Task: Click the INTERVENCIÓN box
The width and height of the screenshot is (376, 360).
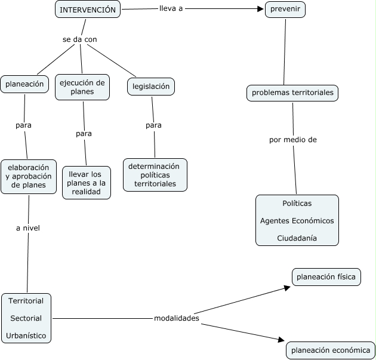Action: (x=88, y=10)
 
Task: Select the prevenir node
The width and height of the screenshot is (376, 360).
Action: (x=285, y=10)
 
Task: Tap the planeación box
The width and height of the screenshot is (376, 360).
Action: (x=24, y=84)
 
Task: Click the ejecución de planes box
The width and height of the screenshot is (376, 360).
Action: (x=82, y=87)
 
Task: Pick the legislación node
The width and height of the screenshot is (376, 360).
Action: (x=151, y=87)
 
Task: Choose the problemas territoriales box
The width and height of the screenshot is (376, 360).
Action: (x=292, y=93)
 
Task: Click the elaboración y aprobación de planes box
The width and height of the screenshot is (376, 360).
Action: (x=29, y=176)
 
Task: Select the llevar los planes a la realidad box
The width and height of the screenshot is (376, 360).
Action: (x=87, y=183)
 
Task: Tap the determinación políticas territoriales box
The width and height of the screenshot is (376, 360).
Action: (x=155, y=175)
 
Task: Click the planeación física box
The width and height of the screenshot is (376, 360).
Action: (x=326, y=277)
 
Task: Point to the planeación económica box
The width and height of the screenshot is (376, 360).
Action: (x=330, y=350)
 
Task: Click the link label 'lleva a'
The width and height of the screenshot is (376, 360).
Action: (x=171, y=9)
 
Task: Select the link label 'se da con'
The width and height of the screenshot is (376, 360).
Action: (x=79, y=39)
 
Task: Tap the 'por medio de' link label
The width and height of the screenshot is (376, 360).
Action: (x=292, y=140)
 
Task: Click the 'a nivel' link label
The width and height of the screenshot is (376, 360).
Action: (x=27, y=227)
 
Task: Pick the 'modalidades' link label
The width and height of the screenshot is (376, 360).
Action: (x=176, y=318)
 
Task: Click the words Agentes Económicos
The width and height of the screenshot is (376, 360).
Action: (x=297, y=220)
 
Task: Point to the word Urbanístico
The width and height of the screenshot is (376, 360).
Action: (x=26, y=336)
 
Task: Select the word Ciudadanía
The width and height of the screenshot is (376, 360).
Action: (x=297, y=238)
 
